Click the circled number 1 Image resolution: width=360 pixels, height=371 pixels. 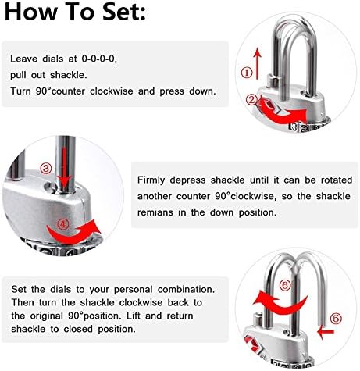click(247, 73)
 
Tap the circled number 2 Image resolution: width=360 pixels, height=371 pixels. click(252, 99)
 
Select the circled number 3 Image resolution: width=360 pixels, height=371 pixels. click(46, 169)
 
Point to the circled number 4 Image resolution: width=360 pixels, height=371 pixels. click(62, 224)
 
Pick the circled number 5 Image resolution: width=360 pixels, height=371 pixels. click(336, 318)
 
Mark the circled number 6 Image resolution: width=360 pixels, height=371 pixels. click(285, 285)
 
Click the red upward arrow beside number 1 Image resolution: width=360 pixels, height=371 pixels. click(258, 63)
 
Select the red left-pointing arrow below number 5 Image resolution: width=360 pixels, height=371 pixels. click(326, 332)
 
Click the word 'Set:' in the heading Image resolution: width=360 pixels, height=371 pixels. click(124, 12)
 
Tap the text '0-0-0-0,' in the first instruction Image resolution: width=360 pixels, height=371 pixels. click(99, 59)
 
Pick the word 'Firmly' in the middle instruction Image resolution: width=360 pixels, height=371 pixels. click(151, 180)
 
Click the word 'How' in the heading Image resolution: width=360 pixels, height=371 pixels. click(31, 12)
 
